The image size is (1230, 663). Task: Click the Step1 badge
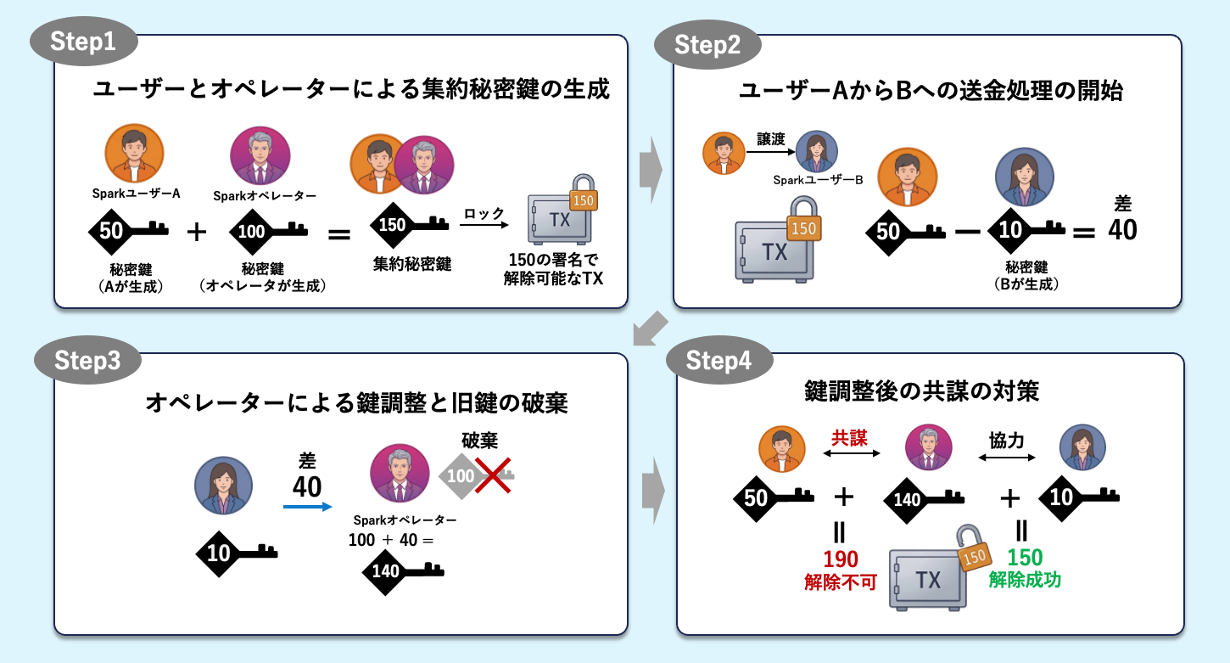(x=83, y=42)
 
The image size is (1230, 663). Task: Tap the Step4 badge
(x=719, y=360)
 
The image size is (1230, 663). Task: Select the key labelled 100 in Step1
(x=269, y=231)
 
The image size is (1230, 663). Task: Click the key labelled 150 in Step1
(x=409, y=225)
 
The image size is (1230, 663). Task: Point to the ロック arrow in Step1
(x=484, y=224)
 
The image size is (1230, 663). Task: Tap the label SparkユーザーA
(x=137, y=194)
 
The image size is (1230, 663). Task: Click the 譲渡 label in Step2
(x=771, y=139)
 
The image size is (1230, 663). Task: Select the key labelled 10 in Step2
(x=1026, y=230)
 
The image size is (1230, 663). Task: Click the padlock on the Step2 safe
(x=804, y=219)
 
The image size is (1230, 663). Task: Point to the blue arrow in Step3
(x=307, y=507)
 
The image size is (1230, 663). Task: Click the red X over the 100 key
(x=493, y=475)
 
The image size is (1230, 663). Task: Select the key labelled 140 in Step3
(x=403, y=571)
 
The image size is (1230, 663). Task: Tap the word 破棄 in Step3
(x=479, y=440)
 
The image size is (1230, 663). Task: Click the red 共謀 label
(x=849, y=438)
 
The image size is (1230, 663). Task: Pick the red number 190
(x=840, y=559)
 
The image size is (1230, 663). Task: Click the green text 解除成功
(x=1025, y=580)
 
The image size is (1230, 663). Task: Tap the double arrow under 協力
(x=1007, y=457)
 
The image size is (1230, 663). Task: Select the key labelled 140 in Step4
(x=924, y=499)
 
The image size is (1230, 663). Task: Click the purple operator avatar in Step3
(x=400, y=473)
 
